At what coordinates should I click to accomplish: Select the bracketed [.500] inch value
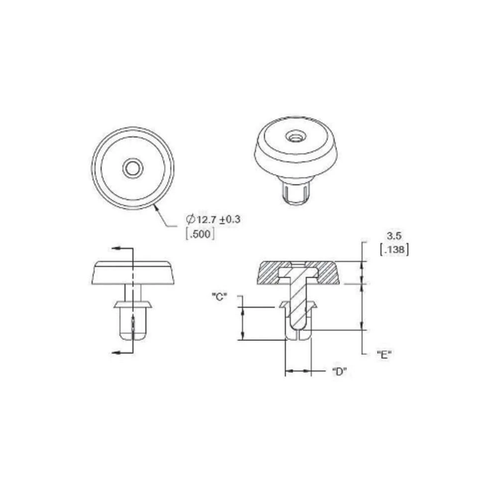tap(200, 234)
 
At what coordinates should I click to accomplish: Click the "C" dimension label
tap(220, 297)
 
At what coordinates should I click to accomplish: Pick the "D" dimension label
tap(339, 372)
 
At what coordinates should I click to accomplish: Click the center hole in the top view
tap(132, 168)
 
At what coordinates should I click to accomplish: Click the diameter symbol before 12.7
tap(189, 219)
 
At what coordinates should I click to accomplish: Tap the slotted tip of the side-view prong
tap(132, 329)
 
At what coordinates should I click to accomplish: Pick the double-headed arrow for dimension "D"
tap(298, 371)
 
